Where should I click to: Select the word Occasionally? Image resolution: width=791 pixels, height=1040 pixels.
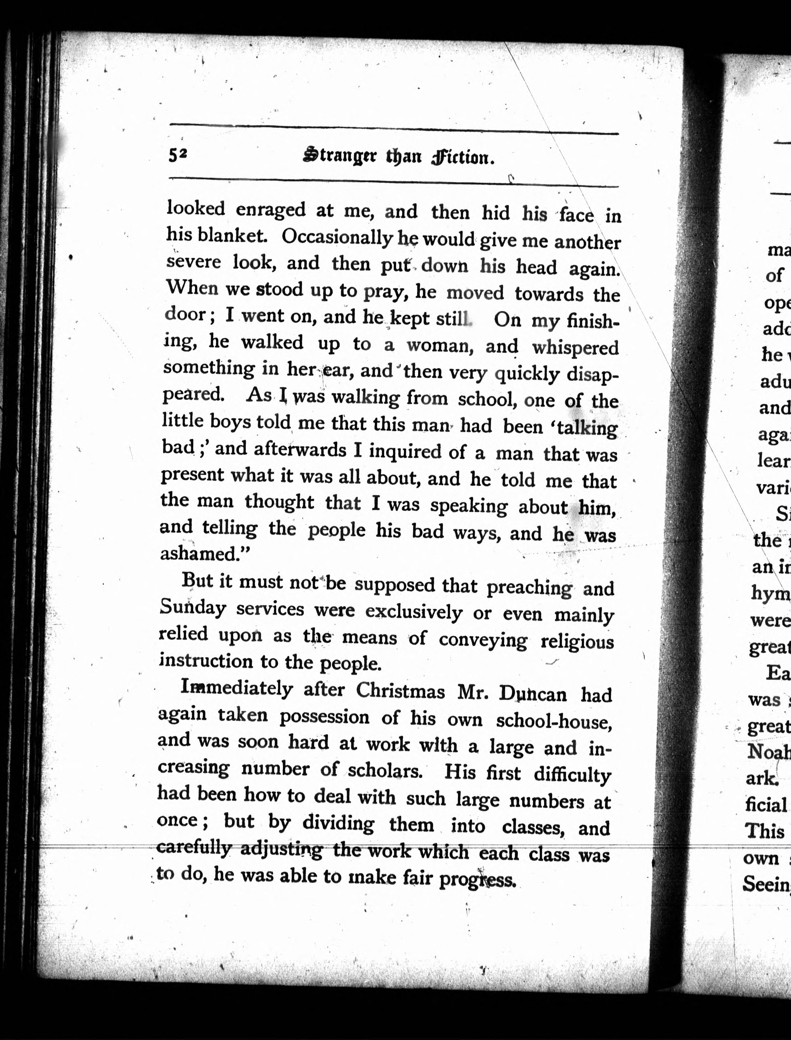click(337, 239)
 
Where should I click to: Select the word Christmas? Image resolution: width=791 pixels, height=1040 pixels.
click(400, 691)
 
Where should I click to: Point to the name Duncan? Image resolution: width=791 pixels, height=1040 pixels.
click(540, 693)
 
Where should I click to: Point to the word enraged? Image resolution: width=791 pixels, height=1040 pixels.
click(270, 210)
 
